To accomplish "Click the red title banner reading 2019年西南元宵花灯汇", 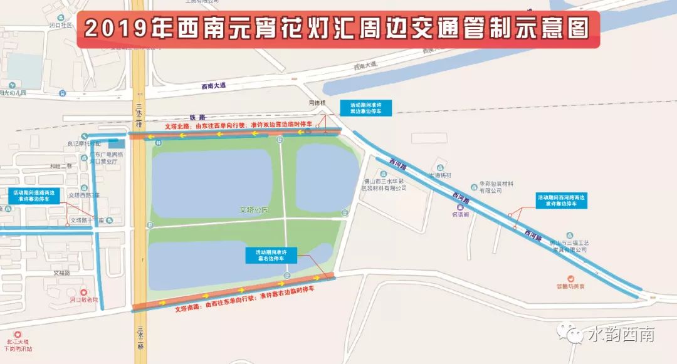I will (x=338, y=28).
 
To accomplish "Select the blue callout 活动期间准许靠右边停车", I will (x=271, y=255).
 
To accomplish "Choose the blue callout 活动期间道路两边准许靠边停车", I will (x=34, y=195).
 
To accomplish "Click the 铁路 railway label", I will (x=197, y=117).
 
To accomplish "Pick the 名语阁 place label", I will (x=461, y=214).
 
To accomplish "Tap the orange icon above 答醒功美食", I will (x=570, y=278).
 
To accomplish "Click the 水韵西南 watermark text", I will (x=621, y=335).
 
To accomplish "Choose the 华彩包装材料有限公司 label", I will (x=496, y=187).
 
